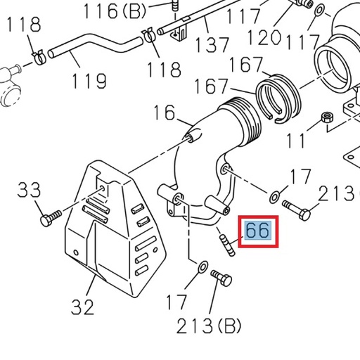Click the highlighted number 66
pos(257,231)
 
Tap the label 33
pos(29,190)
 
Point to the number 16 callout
pos(163,112)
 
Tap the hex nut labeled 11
pos(326,119)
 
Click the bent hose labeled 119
pos(98,44)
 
